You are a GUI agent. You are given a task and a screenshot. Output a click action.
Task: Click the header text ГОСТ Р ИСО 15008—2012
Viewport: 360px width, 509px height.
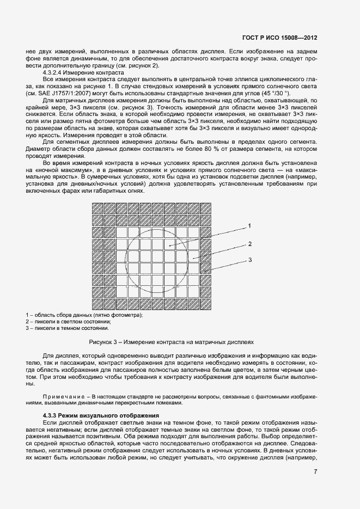click(x=280, y=38)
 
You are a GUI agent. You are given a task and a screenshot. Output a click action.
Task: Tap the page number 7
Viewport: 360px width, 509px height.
click(x=315, y=471)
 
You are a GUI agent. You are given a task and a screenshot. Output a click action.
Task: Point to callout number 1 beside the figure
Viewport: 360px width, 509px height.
click(x=249, y=225)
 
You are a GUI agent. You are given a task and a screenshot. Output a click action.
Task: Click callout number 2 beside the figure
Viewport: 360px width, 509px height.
click(x=249, y=243)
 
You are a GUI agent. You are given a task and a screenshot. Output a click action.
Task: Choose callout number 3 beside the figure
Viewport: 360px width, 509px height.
click(x=249, y=260)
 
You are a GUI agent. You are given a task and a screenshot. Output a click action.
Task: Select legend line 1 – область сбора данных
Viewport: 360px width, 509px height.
click(x=84, y=315)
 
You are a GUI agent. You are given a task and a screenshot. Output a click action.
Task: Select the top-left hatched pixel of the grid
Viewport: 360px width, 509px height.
click(x=97, y=208)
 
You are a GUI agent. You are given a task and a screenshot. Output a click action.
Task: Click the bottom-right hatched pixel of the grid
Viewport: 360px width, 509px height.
click(x=206, y=305)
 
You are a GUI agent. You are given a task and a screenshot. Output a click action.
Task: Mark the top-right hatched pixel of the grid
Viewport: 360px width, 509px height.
click(x=206, y=208)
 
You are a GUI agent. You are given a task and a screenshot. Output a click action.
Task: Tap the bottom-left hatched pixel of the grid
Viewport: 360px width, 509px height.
click(x=97, y=305)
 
